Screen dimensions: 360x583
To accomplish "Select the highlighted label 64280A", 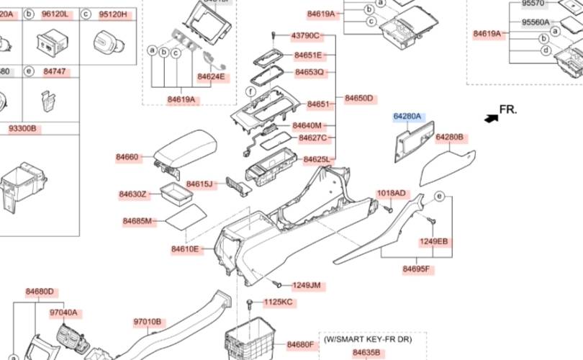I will click(407, 116).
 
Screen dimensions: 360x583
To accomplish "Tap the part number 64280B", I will click(450, 137).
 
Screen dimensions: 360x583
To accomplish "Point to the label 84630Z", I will click(133, 194).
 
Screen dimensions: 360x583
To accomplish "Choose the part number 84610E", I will click(185, 249).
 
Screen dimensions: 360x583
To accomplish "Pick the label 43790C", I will click(305, 35).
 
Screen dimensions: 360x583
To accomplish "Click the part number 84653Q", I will click(309, 73).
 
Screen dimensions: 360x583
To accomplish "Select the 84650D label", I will click(359, 98).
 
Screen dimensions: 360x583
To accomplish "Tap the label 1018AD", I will click(392, 193).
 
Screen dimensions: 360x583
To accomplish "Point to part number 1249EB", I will click(433, 241).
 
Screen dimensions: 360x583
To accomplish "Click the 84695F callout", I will click(416, 269).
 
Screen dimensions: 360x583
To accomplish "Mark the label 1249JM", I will click(307, 286).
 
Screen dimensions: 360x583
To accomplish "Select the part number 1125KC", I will click(279, 302).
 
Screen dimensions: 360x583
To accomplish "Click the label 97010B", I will click(148, 322).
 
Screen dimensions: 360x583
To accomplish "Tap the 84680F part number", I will click(301, 345).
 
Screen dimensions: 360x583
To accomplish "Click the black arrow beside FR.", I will click(491, 117).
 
